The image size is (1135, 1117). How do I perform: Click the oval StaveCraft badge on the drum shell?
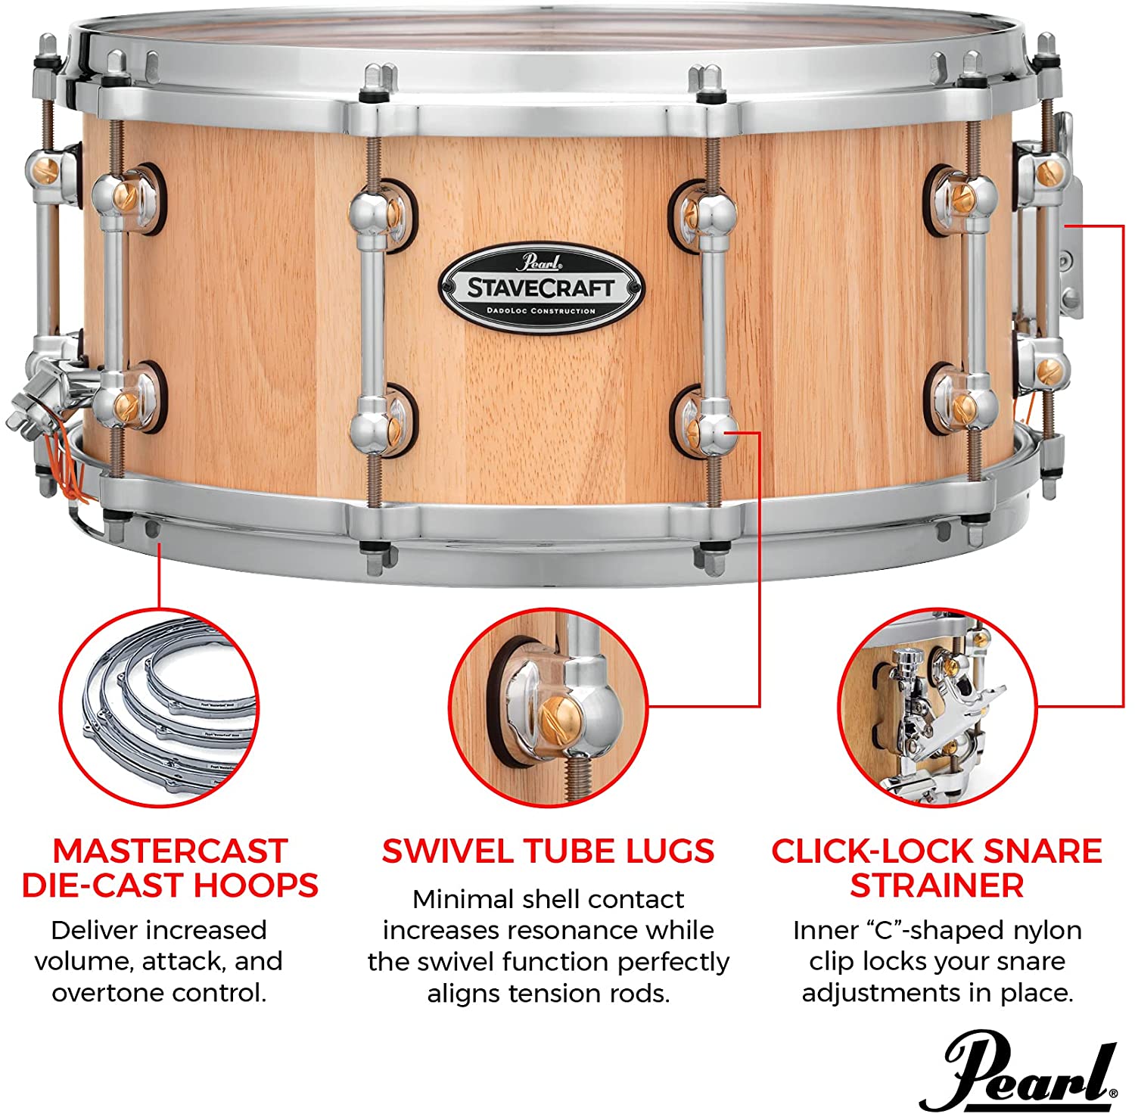point(541,286)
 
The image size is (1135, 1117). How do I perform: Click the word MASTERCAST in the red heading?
point(170,851)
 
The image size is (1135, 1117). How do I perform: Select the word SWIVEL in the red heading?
point(449,851)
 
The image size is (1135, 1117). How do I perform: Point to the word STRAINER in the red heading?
point(937,885)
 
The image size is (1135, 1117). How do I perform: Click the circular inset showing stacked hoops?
point(159,708)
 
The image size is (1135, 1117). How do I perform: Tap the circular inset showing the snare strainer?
point(938,707)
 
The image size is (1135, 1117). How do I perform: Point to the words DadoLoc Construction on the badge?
point(541,311)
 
